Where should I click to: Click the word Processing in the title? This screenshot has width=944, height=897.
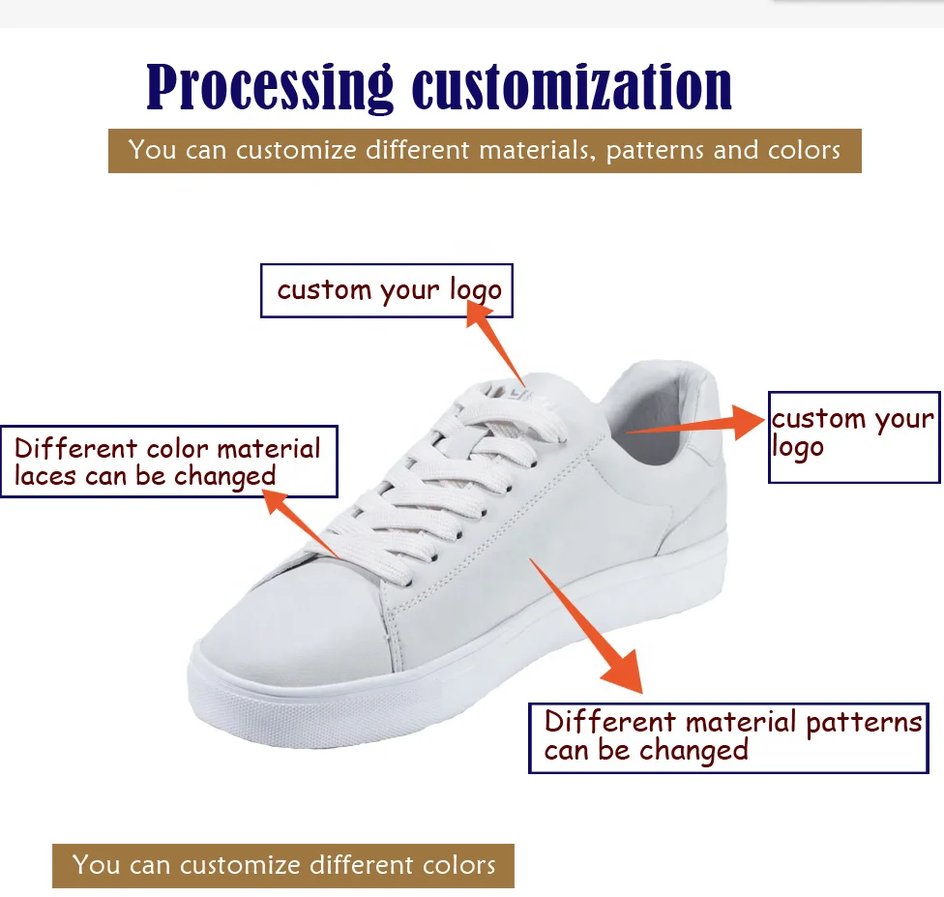270,88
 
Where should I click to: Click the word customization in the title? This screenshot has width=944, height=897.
572,88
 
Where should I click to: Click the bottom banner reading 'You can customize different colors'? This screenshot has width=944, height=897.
282,865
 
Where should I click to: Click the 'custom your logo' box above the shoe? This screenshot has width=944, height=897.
387,290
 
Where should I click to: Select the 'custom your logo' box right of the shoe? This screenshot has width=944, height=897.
853,436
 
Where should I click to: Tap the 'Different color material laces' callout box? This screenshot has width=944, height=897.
168,462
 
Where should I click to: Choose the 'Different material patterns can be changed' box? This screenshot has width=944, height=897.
727,737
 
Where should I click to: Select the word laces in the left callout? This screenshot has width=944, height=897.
46,476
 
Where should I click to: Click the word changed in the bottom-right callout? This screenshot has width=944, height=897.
693,751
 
